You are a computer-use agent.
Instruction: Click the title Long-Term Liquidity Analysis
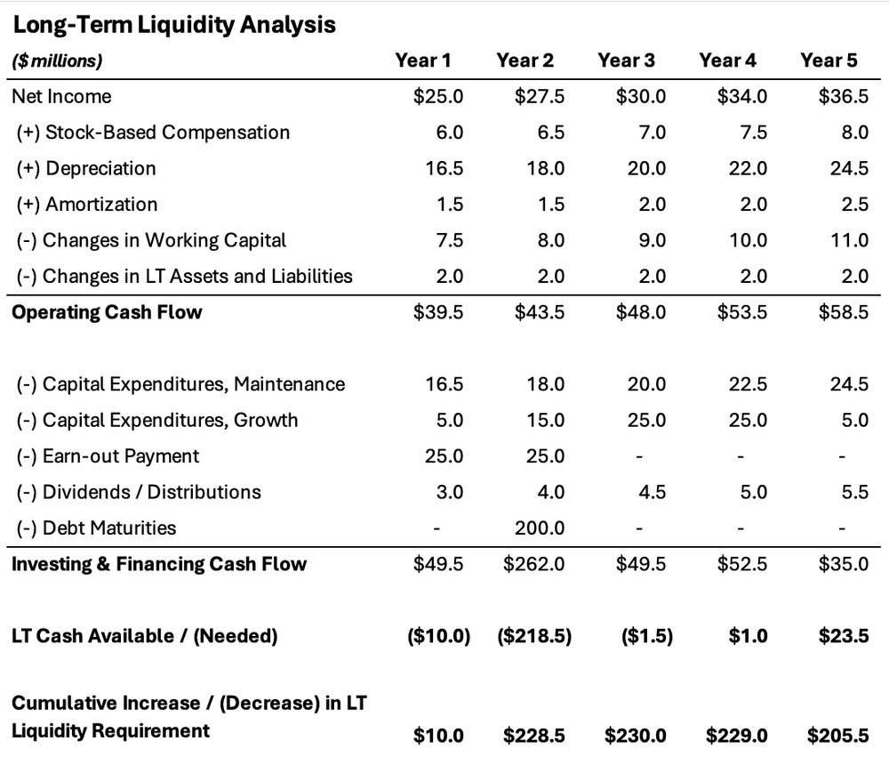tap(173, 25)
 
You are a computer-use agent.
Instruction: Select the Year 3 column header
tap(626, 60)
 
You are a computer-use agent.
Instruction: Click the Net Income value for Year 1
tap(438, 96)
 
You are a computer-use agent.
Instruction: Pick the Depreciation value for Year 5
tap(849, 168)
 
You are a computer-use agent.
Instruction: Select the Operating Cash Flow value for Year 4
tap(742, 312)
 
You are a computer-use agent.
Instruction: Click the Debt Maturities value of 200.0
tap(540, 527)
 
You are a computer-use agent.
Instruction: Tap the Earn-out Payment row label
tap(108, 456)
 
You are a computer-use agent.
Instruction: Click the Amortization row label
tap(87, 205)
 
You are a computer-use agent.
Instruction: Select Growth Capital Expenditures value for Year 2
tap(545, 420)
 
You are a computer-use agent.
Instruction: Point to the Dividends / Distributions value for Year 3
tap(653, 492)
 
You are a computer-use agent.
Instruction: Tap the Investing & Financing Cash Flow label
tap(159, 564)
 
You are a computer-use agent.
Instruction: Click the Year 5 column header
tap(829, 60)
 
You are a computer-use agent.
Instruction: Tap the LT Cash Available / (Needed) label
tap(145, 635)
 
